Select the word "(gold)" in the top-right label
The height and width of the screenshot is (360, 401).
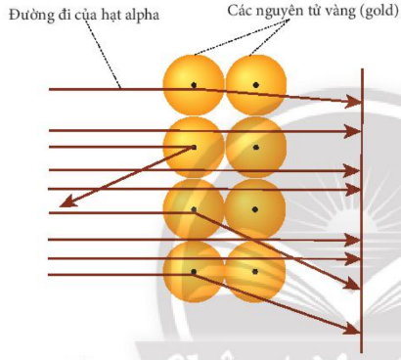[375, 11]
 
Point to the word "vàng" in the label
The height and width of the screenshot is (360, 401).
[337, 11]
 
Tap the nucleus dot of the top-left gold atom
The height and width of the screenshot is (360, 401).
[195, 85]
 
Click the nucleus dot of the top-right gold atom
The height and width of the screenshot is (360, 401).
[256, 85]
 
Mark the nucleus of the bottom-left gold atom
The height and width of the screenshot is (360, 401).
[195, 270]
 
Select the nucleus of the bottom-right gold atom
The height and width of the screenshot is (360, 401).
[256, 270]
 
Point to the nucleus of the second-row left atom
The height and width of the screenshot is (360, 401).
[195, 148]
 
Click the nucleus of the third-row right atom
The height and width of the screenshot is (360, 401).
[256, 209]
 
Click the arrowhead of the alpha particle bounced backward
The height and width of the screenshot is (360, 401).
[64, 203]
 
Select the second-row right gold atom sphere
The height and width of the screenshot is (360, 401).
[256, 148]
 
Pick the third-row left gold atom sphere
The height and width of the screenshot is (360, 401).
[195, 209]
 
